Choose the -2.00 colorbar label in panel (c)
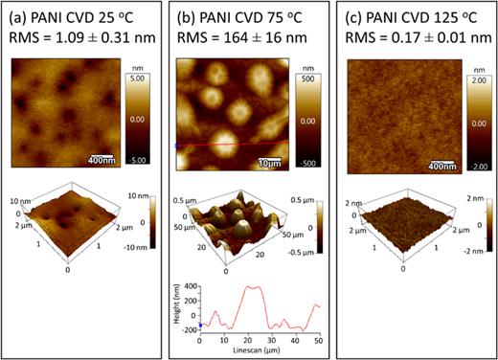(477, 162)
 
